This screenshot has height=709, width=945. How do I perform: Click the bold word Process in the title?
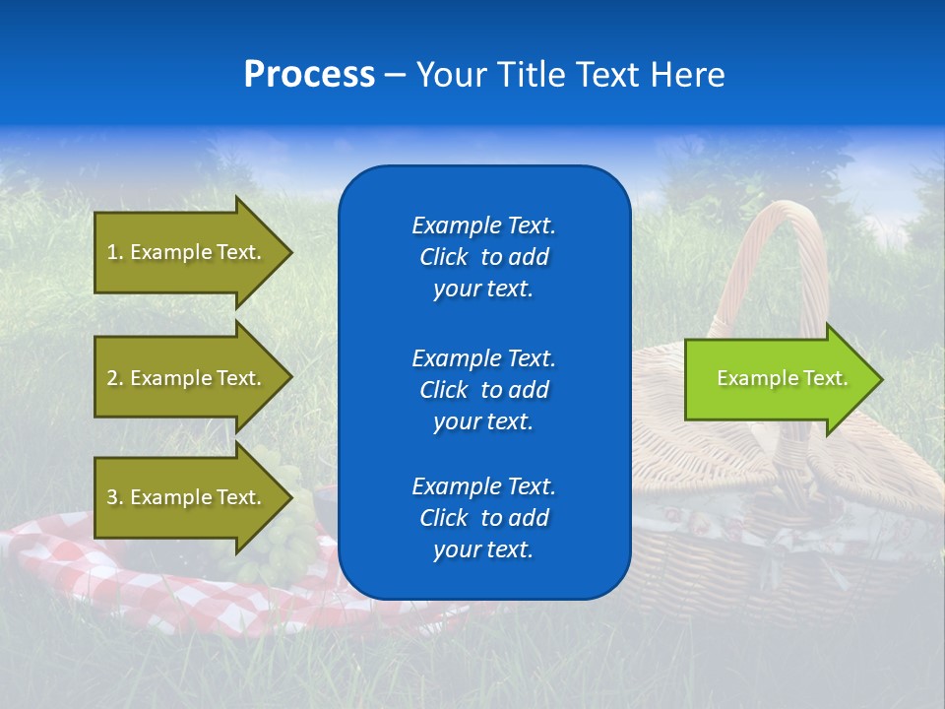tap(309, 75)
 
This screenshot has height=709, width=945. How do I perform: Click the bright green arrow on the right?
tap(778, 379)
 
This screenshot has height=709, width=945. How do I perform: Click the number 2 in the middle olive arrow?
tap(112, 378)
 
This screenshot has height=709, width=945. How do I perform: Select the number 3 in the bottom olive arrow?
tap(112, 497)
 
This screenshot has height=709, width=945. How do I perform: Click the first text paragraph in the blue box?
tap(483, 257)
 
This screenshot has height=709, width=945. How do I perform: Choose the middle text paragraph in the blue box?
tap(483, 389)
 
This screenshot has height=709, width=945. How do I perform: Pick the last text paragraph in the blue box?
tap(483, 518)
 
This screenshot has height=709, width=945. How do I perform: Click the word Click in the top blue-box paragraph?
tap(444, 257)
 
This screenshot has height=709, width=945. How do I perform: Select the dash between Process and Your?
tap(395, 75)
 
